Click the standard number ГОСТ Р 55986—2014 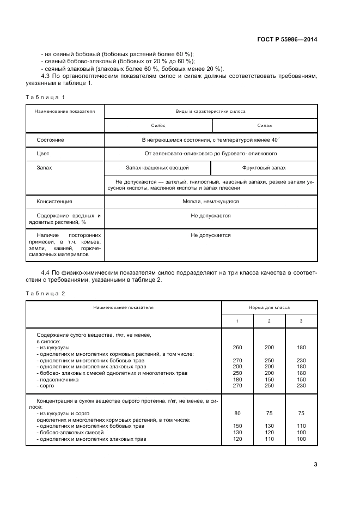pyautogui.click(x=288, y=40)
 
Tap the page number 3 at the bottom pyautogui.click(x=315, y=464)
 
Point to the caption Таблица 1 pyautogui.click(x=45, y=97)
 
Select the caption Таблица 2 pyautogui.click(x=45, y=293)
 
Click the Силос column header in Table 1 pyautogui.click(x=158, y=125)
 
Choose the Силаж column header pyautogui.click(x=265, y=125)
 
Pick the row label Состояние pyautogui.click(x=50, y=140)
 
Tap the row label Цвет pyautogui.click(x=43, y=154)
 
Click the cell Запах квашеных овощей pyautogui.click(x=157, y=168)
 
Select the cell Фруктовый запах pyautogui.click(x=264, y=168)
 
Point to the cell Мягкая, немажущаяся pyautogui.click(x=211, y=201)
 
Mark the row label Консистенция pyautogui.click(x=54, y=201)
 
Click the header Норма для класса pyautogui.click(x=269, y=307)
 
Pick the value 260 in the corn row pyautogui.click(x=237, y=348)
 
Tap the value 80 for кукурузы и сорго pyautogui.click(x=237, y=414)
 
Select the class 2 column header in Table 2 pyautogui.click(x=269, y=321)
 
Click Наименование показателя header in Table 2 pyautogui.click(x=123, y=307)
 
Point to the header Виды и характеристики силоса pyautogui.click(x=210, y=111)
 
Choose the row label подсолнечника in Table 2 pyautogui.click(x=58, y=380)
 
